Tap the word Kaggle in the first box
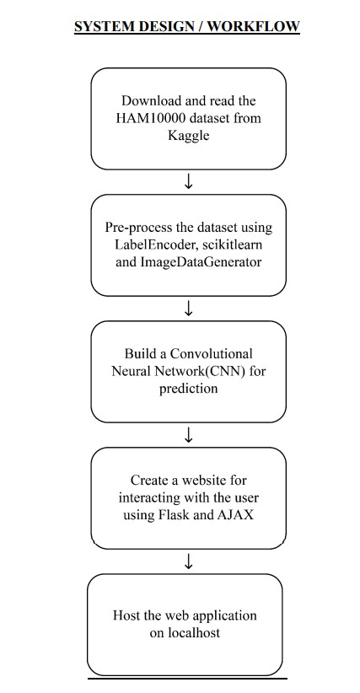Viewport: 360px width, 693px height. pos(189,135)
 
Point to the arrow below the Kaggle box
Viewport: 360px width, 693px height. pos(189,182)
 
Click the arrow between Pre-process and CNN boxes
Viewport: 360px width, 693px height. pos(189,309)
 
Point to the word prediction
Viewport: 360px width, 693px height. pos(189,388)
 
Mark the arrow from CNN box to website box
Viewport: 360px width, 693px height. pos(189,435)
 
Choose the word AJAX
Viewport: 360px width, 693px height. pos(236,514)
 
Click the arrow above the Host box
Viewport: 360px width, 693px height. pos(189,561)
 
